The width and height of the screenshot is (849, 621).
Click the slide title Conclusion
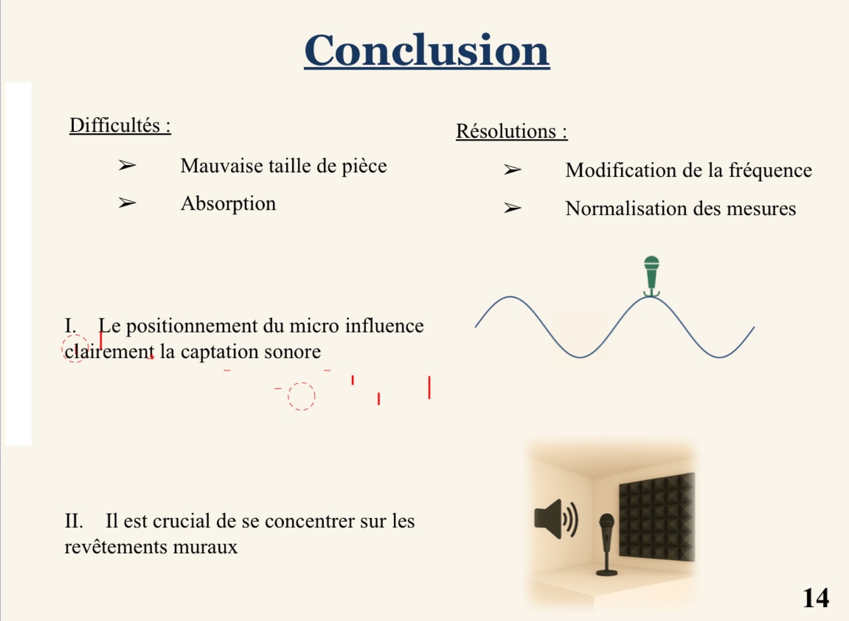[x=426, y=50]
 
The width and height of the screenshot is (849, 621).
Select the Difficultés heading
[x=120, y=125]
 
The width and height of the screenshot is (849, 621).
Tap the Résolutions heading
[x=511, y=131]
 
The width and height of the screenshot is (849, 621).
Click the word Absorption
[x=228, y=203]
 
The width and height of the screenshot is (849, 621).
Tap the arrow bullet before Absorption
[x=127, y=203]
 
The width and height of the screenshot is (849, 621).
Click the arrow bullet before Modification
[x=512, y=170]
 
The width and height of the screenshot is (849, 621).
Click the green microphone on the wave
[x=651, y=275]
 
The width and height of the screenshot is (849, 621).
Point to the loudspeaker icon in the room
[x=555, y=519]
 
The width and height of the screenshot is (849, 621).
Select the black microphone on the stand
[x=607, y=543]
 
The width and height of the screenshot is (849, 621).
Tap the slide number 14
[x=815, y=597]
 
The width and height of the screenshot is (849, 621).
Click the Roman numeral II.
[x=73, y=521]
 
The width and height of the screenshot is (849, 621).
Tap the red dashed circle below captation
[x=301, y=396]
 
